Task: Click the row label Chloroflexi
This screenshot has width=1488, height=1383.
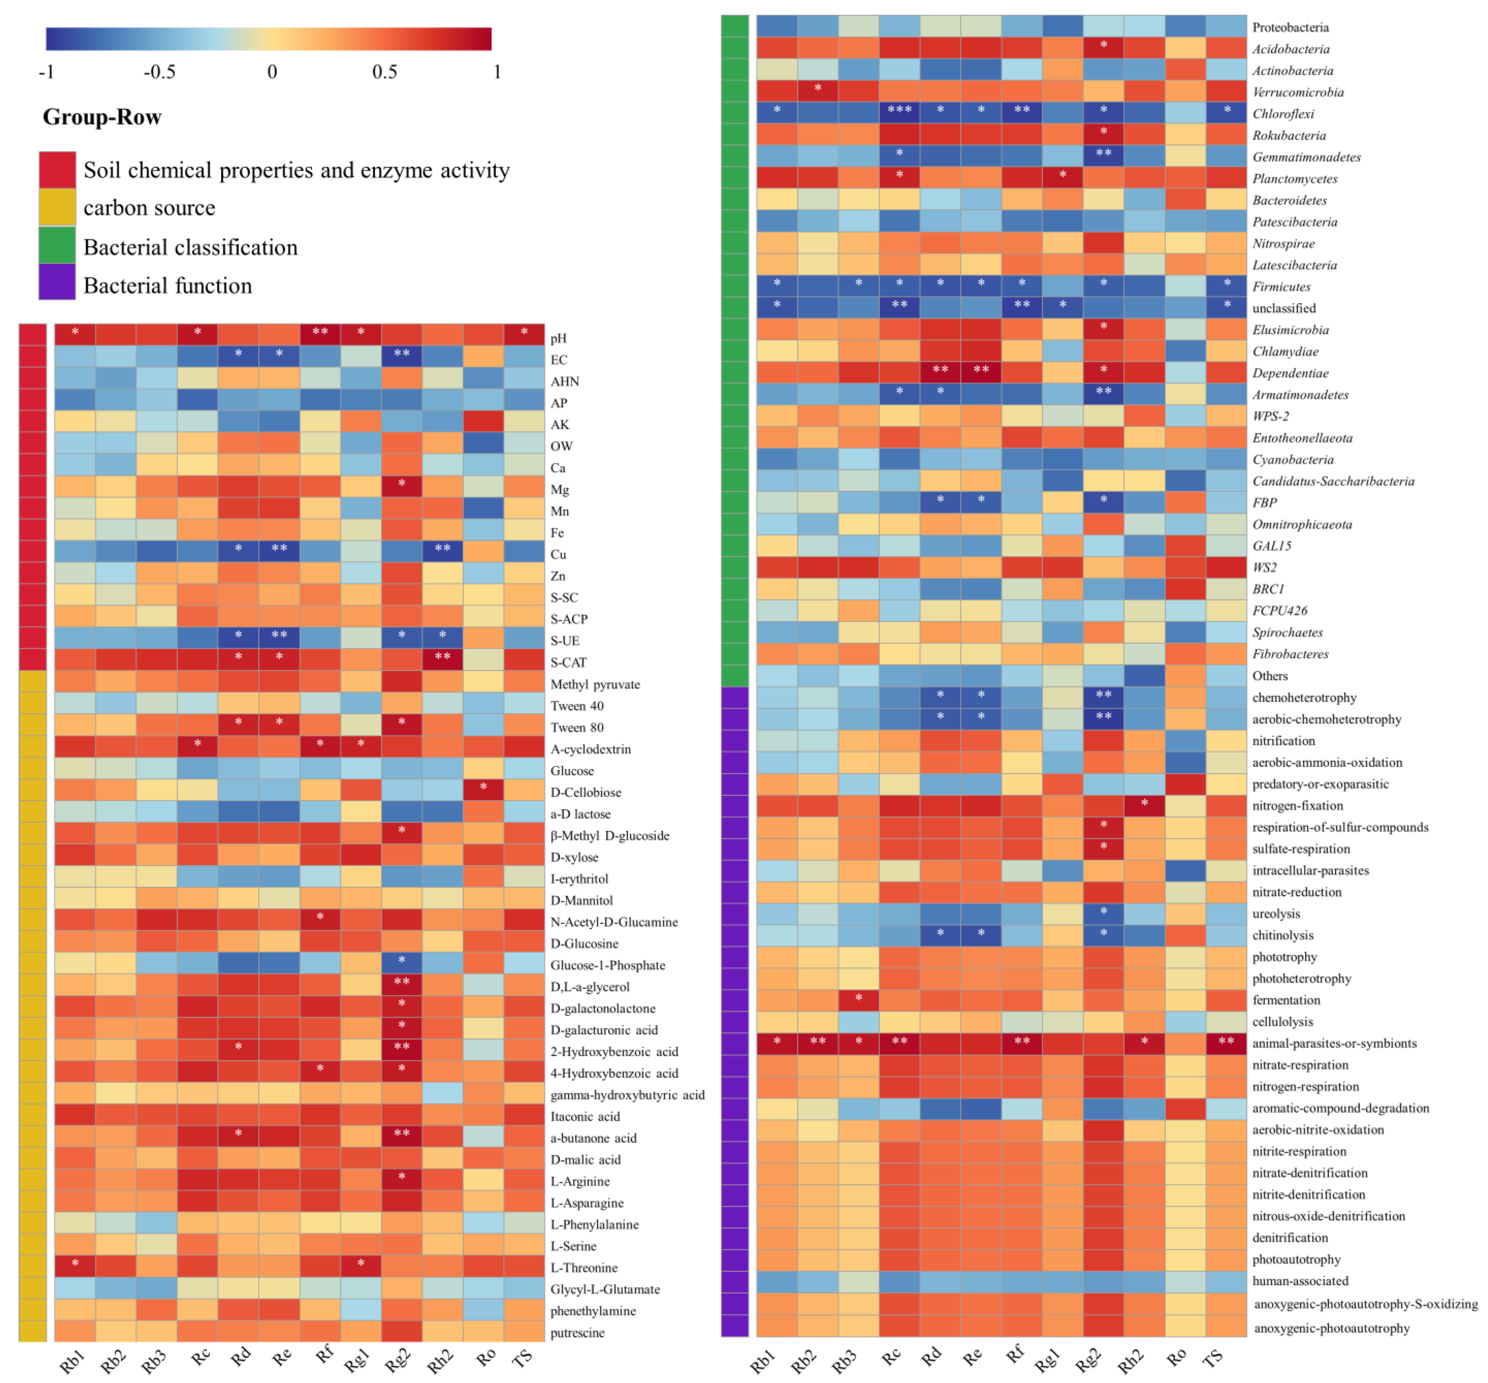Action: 1283,114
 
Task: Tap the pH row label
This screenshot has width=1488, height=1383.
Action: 558,338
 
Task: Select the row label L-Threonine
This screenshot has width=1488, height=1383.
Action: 584,1268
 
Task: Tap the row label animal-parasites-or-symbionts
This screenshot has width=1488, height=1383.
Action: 1334,1043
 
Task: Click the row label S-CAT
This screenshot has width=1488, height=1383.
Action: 568,662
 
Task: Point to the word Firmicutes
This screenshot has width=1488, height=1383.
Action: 1281,287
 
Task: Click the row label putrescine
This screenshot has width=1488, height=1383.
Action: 577,1333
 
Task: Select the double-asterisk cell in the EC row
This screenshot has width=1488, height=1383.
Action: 401,353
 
